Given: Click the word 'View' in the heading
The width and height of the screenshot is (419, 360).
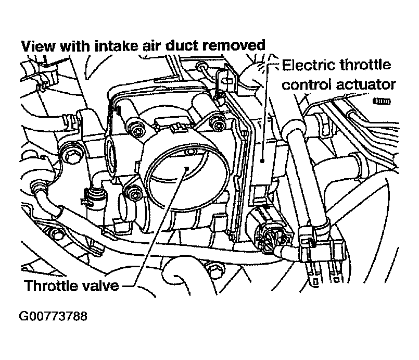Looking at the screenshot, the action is [x=39, y=46].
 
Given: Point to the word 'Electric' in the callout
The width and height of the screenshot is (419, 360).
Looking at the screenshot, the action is [x=309, y=65].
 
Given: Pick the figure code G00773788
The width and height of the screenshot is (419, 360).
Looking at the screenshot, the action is [x=53, y=316].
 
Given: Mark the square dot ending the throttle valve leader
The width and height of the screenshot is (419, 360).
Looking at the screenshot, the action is [x=187, y=168].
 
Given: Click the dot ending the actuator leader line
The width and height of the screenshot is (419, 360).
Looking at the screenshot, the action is [x=262, y=161].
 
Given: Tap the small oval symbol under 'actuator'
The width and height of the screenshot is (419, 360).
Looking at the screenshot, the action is [x=382, y=102].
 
